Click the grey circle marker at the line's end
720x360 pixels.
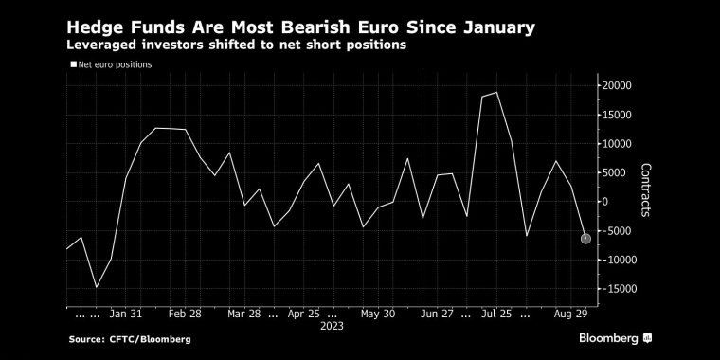pyautogui.click(x=585, y=239)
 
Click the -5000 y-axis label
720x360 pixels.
pyautogui.click(x=616, y=231)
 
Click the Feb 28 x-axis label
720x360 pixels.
pyautogui.click(x=185, y=315)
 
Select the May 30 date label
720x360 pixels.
pyautogui.click(x=377, y=315)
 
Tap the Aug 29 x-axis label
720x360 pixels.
pyautogui.click(x=570, y=315)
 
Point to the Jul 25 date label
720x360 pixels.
pyautogui.click(x=496, y=315)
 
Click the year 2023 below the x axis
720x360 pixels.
pyautogui.click(x=332, y=326)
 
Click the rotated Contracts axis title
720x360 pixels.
pyautogui.click(x=646, y=189)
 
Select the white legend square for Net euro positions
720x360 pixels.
pyautogui.click(x=74, y=64)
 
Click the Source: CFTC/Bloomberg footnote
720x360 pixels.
pyautogui.click(x=130, y=340)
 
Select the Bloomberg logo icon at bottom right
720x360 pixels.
pyautogui.click(x=647, y=338)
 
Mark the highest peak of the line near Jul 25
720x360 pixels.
pyautogui.click(x=496, y=92)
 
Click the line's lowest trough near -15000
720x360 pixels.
pyautogui.click(x=96, y=287)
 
